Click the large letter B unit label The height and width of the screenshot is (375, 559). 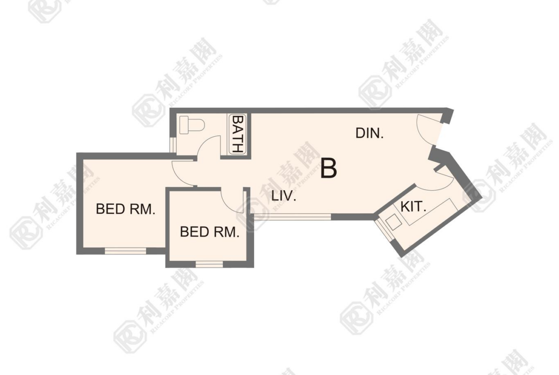point(328,168)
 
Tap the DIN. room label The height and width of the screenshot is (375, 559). point(369,133)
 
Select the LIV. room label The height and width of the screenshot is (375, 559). point(284,196)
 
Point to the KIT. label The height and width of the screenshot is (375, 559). point(414,207)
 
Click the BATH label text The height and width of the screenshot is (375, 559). point(237,133)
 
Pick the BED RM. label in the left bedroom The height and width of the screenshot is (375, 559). point(126,209)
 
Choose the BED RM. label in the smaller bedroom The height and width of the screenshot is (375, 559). point(209,232)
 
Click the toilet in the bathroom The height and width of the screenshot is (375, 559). point(192,125)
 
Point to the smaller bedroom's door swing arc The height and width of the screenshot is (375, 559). point(228,204)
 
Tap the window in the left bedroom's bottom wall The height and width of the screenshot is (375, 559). point(126,251)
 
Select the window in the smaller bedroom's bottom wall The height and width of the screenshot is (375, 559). point(209,264)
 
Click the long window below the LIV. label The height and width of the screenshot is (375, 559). point(292,216)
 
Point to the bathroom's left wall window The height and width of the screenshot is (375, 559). point(172,144)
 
